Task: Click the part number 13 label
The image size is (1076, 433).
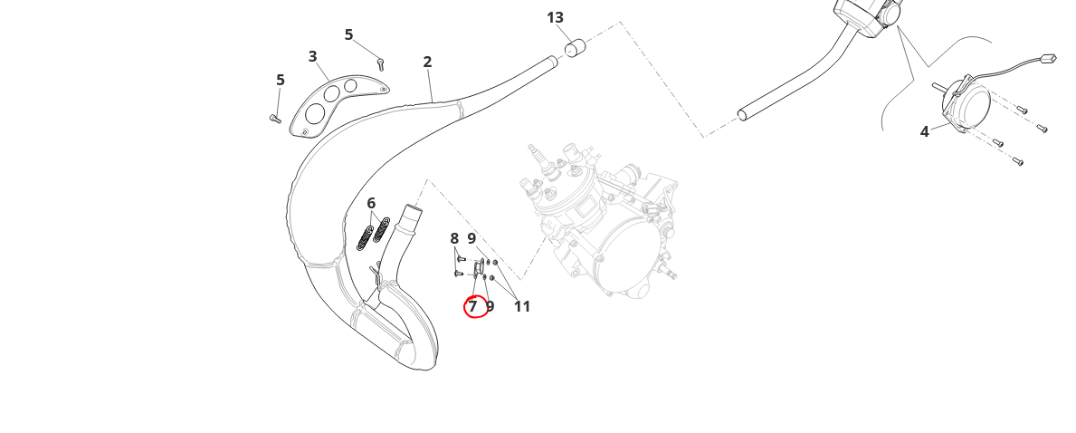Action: click(x=555, y=17)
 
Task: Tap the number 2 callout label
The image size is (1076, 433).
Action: click(x=427, y=63)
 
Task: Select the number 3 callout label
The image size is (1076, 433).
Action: click(x=312, y=56)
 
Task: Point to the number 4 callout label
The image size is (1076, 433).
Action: click(x=924, y=131)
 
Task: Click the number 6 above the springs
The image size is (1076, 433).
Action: click(x=371, y=203)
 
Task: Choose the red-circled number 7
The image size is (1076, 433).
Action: click(x=472, y=307)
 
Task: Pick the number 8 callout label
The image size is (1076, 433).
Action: click(x=454, y=238)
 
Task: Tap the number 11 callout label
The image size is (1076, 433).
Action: click(x=522, y=307)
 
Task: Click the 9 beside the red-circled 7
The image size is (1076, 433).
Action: click(x=490, y=307)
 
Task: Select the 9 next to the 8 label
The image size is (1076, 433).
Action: click(x=471, y=238)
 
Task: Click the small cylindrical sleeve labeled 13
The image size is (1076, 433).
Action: click(x=575, y=47)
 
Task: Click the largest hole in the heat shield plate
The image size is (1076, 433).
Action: click(x=315, y=113)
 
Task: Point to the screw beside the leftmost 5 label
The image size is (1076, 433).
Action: click(x=275, y=118)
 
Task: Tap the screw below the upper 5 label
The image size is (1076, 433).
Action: click(x=381, y=63)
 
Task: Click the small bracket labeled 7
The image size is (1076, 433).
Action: click(x=480, y=267)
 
